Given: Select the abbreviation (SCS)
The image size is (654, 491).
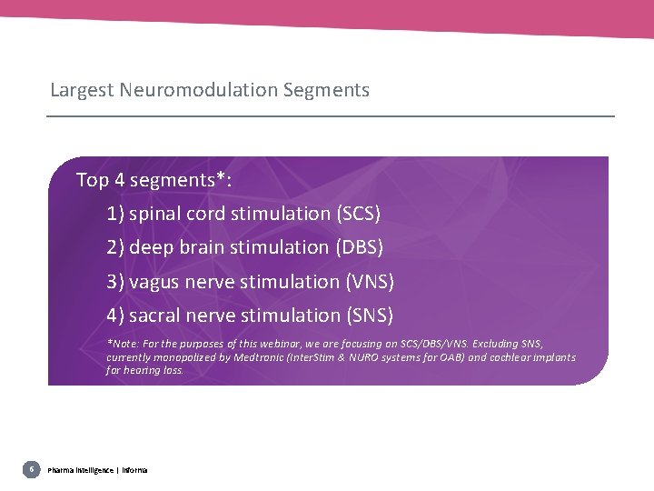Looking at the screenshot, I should pyautogui.click(x=359, y=214).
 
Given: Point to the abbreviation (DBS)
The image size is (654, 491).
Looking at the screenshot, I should pyautogui.click(x=360, y=247).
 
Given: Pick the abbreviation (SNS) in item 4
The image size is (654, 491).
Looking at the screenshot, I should pyautogui.click(x=370, y=316).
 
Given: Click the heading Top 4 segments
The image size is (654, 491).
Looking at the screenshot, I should pyautogui.click(x=154, y=180).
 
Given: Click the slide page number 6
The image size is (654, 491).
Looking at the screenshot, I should pyautogui.click(x=32, y=469).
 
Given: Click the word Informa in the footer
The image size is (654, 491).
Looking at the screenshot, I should pyautogui.click(x=133, y=470).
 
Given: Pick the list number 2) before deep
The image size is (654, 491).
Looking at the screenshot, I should pyautogui.click(x=115, y=247).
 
